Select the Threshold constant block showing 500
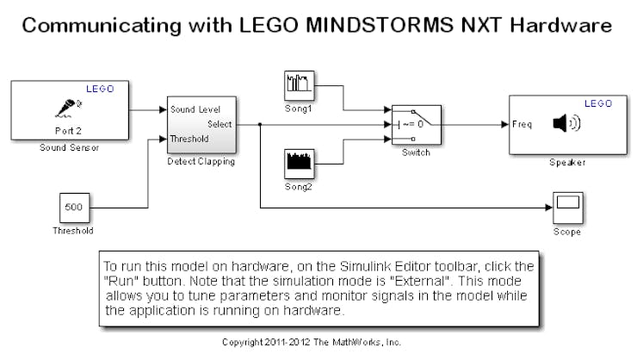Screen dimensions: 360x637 [x=75, y=208]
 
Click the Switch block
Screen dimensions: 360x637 [x=416, y=125]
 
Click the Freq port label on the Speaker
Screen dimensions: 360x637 [x=521, y=124]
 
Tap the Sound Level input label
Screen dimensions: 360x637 [x=195, y=110]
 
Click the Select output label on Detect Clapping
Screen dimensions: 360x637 [x=219, y=124]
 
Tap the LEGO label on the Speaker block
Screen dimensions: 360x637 [x=597, y=103]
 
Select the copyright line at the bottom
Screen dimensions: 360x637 [x=311, y=342]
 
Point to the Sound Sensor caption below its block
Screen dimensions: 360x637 [x=65, y=148]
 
